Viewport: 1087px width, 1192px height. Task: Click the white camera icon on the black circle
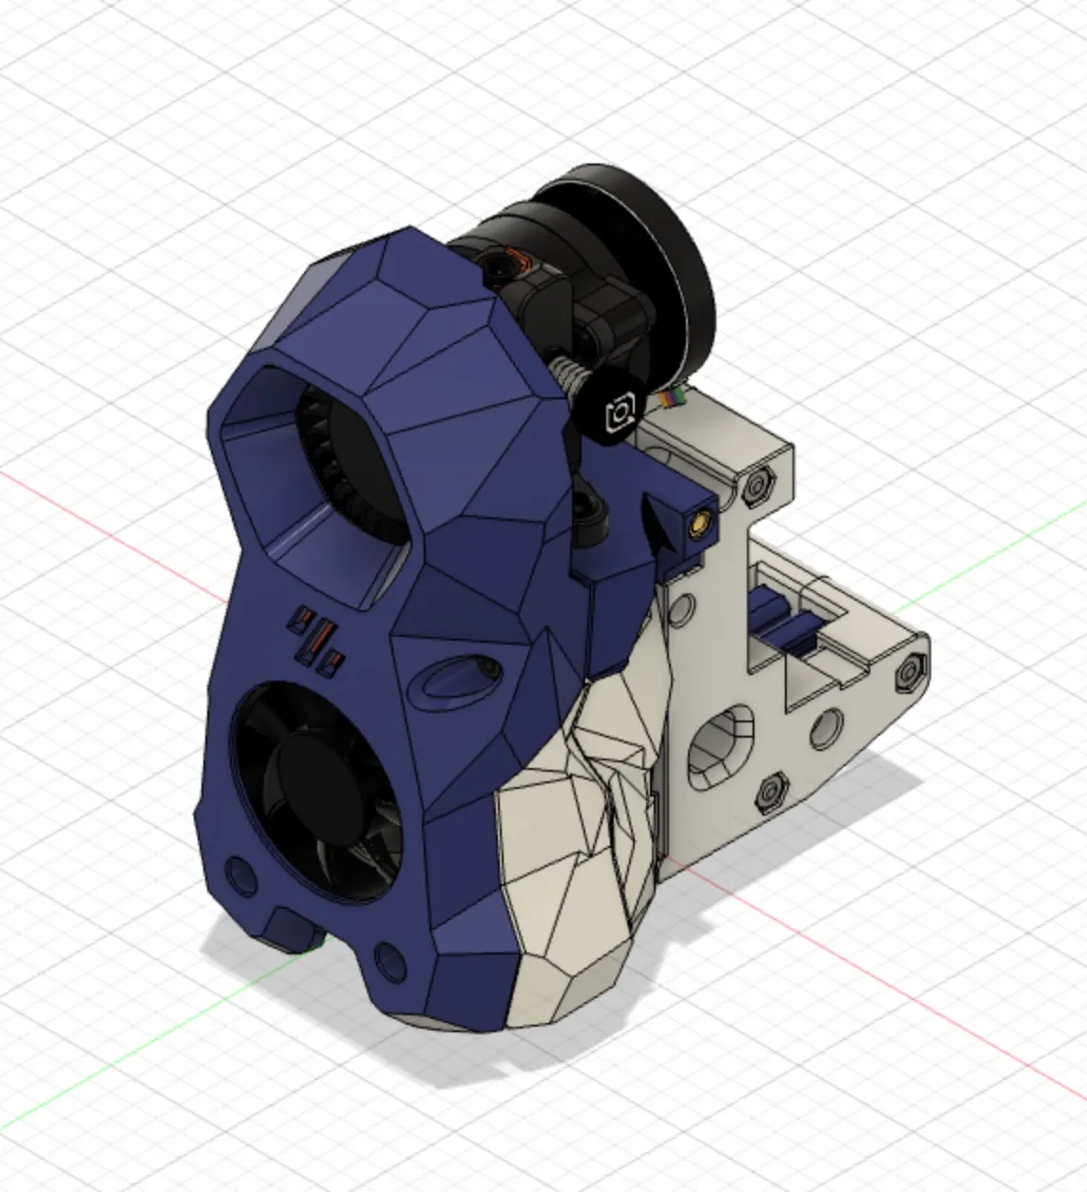point(620,413)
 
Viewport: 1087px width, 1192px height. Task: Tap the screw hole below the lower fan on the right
point(389,956)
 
